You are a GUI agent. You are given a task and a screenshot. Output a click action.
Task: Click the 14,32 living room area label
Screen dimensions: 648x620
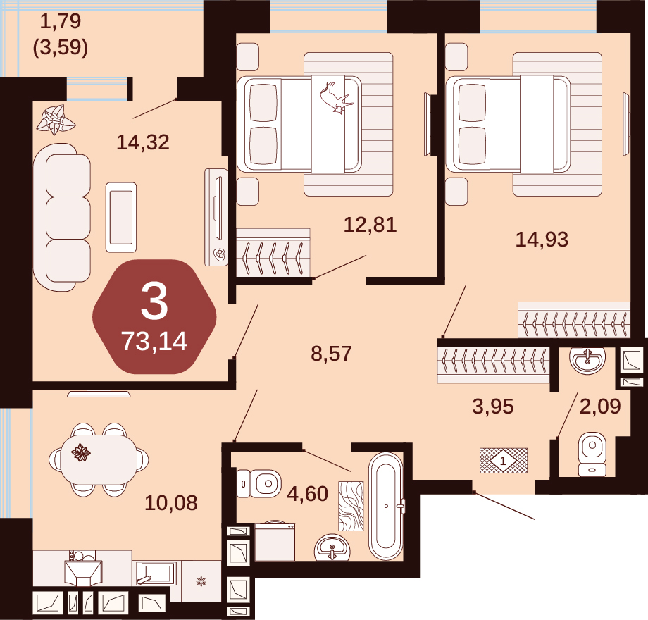(143, 142)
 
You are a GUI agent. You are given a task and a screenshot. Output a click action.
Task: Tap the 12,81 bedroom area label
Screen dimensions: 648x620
(370, 225)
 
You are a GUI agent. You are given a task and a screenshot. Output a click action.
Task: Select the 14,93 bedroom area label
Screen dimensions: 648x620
(542, 240)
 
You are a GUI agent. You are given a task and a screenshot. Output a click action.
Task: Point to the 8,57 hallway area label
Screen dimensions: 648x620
(332, 354)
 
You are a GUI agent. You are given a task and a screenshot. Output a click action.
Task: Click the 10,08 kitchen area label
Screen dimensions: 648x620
(171, 503)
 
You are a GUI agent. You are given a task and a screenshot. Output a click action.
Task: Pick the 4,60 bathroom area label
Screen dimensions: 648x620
(308, 493)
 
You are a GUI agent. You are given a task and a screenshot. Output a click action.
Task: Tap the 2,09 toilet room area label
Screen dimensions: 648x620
(600, 407)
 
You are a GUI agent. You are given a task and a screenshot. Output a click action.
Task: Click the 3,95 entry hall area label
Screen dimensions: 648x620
(493, 407)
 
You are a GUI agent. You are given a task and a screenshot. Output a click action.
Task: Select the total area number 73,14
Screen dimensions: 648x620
(154, 342)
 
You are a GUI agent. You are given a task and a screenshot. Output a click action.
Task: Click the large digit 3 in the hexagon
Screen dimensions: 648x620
(154, 302)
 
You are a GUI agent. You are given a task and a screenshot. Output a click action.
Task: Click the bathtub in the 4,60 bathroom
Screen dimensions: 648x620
(386, 507)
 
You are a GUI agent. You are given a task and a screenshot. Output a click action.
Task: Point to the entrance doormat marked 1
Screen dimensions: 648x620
(504, 461)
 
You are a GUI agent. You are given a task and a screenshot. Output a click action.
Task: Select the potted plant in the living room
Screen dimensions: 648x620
(56, 120)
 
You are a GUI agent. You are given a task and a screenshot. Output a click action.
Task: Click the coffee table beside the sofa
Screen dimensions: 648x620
(121, 218)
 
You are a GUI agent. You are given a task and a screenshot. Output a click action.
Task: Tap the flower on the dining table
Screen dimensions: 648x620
(80, 452)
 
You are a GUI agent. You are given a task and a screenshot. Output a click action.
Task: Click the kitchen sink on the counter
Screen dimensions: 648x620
(156, 573)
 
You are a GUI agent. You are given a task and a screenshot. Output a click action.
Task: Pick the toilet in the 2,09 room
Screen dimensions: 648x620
(592, 454)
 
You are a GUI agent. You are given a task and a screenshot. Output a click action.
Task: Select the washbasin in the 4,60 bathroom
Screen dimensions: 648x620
(332, 547)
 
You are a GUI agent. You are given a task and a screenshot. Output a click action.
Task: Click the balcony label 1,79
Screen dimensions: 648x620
(61, 21)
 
